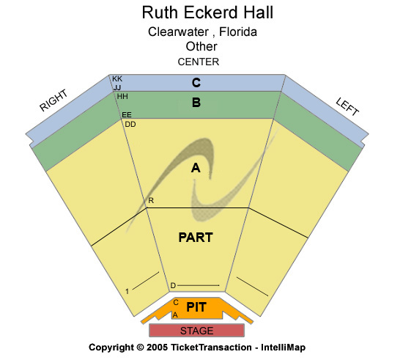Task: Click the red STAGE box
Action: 196,330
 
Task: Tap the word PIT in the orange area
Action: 196,307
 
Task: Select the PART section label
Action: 196,238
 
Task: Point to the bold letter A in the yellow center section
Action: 196,168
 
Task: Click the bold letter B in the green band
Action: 196,103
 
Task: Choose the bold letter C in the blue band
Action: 196,83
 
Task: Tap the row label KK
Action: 117,78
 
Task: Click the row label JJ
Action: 117,88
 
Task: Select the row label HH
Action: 122,97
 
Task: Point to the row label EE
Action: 127,114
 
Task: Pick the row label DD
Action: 130,124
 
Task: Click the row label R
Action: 151,200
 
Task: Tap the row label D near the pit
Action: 173,285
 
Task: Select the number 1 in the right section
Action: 127,291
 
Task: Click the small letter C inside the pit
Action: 176,302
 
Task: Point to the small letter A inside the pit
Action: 175,315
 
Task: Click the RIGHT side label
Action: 53,100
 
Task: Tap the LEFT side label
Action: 347,107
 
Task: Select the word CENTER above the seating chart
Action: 198,62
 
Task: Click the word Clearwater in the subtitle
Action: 178,32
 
